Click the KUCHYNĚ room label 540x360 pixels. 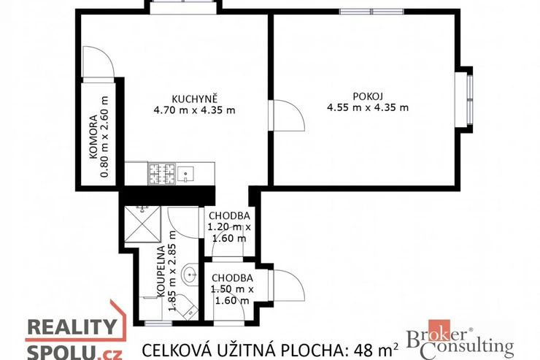coord(195,99)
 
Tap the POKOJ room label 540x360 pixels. coord(368,96)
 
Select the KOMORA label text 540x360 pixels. coord(93,137)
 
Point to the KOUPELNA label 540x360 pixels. coord(161,271)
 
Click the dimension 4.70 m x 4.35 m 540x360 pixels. coord(195,110)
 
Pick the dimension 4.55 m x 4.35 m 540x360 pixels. coord(368,108)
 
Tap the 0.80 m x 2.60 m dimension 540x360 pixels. coord(104,137)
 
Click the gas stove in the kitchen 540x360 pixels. coord(162,173)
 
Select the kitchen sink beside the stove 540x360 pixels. coord(185,174)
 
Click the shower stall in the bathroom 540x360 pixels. coord(142,224)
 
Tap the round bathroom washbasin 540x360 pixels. coord(190,275)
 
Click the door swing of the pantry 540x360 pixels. coord(99,62)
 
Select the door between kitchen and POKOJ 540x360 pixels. coord(287,115)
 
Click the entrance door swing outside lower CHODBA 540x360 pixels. coord(287,286)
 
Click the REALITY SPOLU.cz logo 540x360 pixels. coord(74,332)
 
